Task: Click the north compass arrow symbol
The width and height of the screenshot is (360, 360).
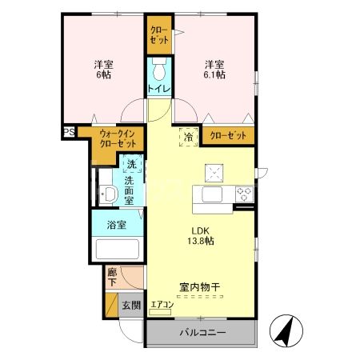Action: click(284, 330)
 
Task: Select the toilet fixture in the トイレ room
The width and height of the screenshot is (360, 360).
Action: click(157, 68)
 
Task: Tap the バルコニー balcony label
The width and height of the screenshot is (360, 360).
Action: click(202, 332)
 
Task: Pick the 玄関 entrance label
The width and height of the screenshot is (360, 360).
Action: click(132, 305)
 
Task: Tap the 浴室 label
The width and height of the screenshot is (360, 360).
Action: click(118, 225)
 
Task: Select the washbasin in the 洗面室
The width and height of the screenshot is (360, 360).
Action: click(106, 193)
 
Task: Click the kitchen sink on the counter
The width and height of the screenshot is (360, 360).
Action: click(214, 194)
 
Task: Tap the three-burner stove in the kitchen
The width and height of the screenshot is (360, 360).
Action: click(244, 194)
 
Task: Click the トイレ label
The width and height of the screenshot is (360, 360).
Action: click(158, 88)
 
